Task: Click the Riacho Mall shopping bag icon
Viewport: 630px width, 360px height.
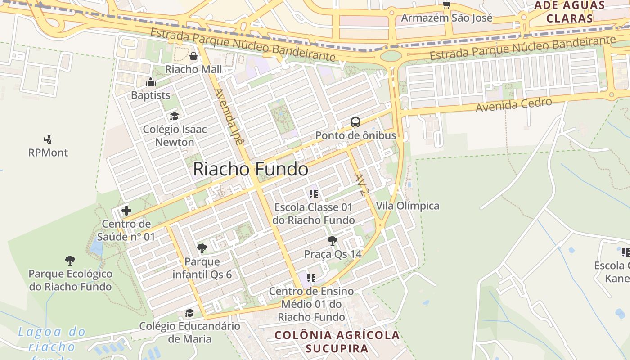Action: [193, 56]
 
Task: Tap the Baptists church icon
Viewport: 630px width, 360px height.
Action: [151, 82]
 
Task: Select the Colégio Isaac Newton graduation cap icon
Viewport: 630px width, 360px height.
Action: [174, 117]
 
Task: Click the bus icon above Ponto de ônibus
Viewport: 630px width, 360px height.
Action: [355, 122]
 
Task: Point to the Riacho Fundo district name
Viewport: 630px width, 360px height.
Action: [251, 170]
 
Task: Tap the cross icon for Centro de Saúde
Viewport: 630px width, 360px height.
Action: [126, 210]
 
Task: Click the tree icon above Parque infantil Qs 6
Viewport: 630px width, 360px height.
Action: [202, 248]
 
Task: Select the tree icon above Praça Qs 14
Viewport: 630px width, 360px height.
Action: [333, 241]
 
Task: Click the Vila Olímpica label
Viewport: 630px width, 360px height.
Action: [408, 206]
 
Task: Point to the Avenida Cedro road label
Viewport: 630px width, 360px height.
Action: [514, 105]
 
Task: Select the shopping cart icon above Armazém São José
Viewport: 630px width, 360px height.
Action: [446, 5]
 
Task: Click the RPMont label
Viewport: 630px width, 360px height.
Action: [48, 153]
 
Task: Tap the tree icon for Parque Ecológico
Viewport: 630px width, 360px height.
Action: [70, 260]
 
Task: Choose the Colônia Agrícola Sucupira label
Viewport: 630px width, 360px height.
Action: [337, 342]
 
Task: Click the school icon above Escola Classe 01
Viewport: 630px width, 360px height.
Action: [314, 194]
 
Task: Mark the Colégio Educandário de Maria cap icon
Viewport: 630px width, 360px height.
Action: [190, 313]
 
